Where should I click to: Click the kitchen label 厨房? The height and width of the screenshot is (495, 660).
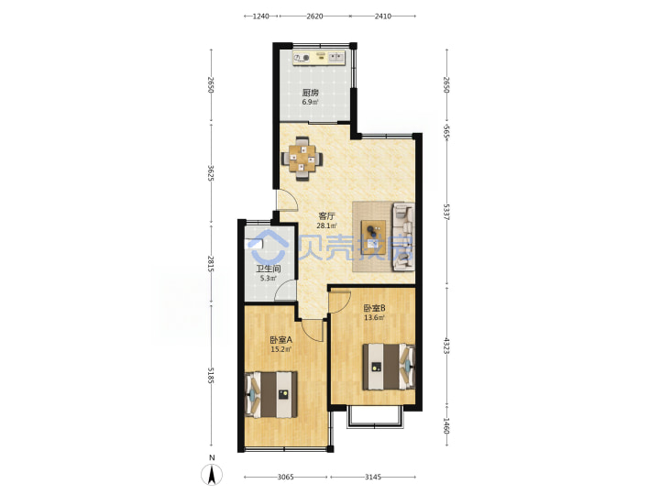(x=310, y=93)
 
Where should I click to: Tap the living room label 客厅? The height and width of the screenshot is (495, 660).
(x=326, y=216)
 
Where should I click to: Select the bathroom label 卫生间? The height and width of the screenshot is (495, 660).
(x=268, y=269)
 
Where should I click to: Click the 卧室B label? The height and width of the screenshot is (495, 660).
(x=374, y=308)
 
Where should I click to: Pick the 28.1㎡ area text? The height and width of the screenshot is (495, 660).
(x=326, y=225)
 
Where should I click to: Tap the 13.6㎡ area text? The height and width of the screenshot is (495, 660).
(x=374, y=318)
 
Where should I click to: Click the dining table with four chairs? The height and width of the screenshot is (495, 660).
(x=302, y=159)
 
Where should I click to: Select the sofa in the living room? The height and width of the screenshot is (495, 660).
(x=403, y=236)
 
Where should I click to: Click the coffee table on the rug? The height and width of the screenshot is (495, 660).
(x=373, y=236)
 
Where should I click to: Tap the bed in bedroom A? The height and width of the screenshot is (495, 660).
(x=271, y=394)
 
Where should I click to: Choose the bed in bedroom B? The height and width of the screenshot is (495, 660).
(x=389, y=367)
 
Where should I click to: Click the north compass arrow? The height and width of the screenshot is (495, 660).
(x=212, y=475)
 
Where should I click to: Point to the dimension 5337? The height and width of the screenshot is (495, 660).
(x=447, y=212)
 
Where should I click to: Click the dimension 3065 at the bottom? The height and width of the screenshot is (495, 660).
(x=285, y=477)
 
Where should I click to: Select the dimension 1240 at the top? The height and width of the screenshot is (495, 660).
(x=260, y=16)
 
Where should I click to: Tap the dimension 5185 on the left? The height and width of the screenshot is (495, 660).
(x=211, y=376)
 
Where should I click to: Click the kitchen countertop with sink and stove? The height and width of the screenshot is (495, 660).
(x=319, y=58)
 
